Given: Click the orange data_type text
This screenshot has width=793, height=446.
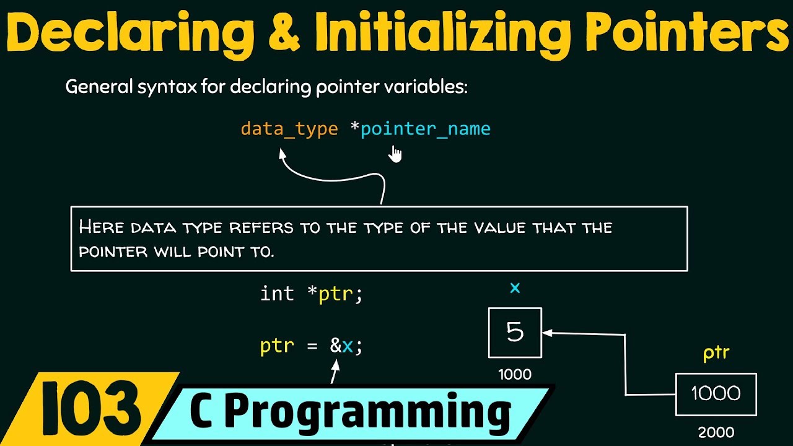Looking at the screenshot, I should click(289, 129).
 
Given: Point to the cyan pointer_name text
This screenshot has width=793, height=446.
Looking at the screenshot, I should click(426, 129).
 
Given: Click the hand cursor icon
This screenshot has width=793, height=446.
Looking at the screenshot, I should click(395, 153).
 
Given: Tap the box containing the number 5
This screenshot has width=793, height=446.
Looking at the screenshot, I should click(515, 333).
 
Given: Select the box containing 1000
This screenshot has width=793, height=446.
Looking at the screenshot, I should click(716, 394).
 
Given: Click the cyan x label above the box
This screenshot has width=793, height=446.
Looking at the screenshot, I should click(514, 288).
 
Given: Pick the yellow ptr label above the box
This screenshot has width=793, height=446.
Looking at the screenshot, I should click(716, 353).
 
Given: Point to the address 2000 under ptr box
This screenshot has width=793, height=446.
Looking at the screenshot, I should click(716, 432).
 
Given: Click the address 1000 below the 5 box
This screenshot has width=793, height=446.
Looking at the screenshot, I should click(514, 374).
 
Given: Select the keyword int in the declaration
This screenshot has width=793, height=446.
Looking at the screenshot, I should click(277, 293).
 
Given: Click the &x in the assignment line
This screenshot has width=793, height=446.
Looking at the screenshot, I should click(341, 346).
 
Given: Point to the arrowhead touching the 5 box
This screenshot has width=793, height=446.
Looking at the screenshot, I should click(546, 333).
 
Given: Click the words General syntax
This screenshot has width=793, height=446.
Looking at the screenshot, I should click(130, 87).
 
